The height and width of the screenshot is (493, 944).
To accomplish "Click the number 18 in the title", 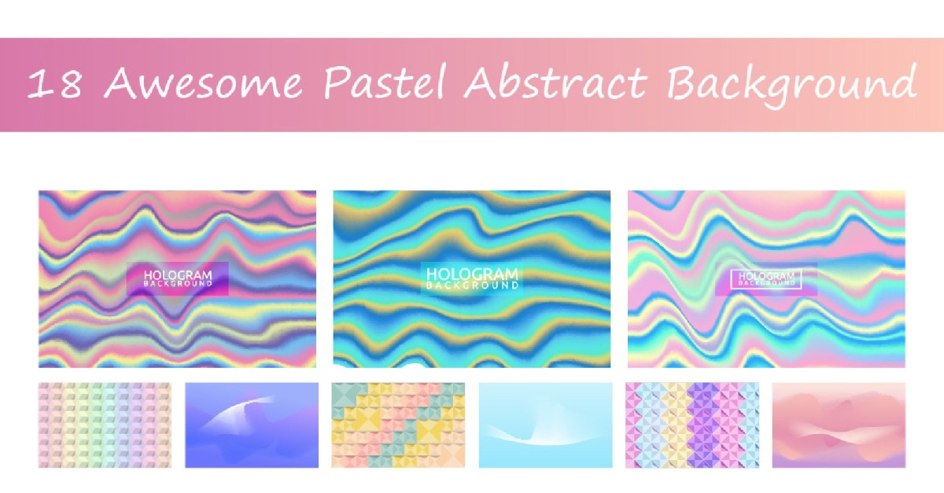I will click(54, 84).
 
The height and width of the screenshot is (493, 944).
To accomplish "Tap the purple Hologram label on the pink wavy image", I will click(178, 278).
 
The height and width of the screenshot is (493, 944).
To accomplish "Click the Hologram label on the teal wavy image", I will click(472, 278).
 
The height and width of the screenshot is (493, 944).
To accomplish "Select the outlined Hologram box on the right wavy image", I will click(765, 278).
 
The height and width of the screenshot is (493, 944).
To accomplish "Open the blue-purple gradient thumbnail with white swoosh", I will click(252, 425).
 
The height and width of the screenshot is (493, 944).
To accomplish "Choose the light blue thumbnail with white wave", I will click(545, 425).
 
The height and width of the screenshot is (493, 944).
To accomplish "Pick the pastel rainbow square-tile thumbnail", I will click(105, 425).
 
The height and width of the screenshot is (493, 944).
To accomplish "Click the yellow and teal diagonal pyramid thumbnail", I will click(398, 425).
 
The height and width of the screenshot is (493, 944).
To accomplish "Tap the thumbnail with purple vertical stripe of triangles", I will click(692, 425).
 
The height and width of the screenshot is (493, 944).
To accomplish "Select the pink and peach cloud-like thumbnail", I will click(839, 425).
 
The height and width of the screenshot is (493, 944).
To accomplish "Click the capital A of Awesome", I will click(121, 83).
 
